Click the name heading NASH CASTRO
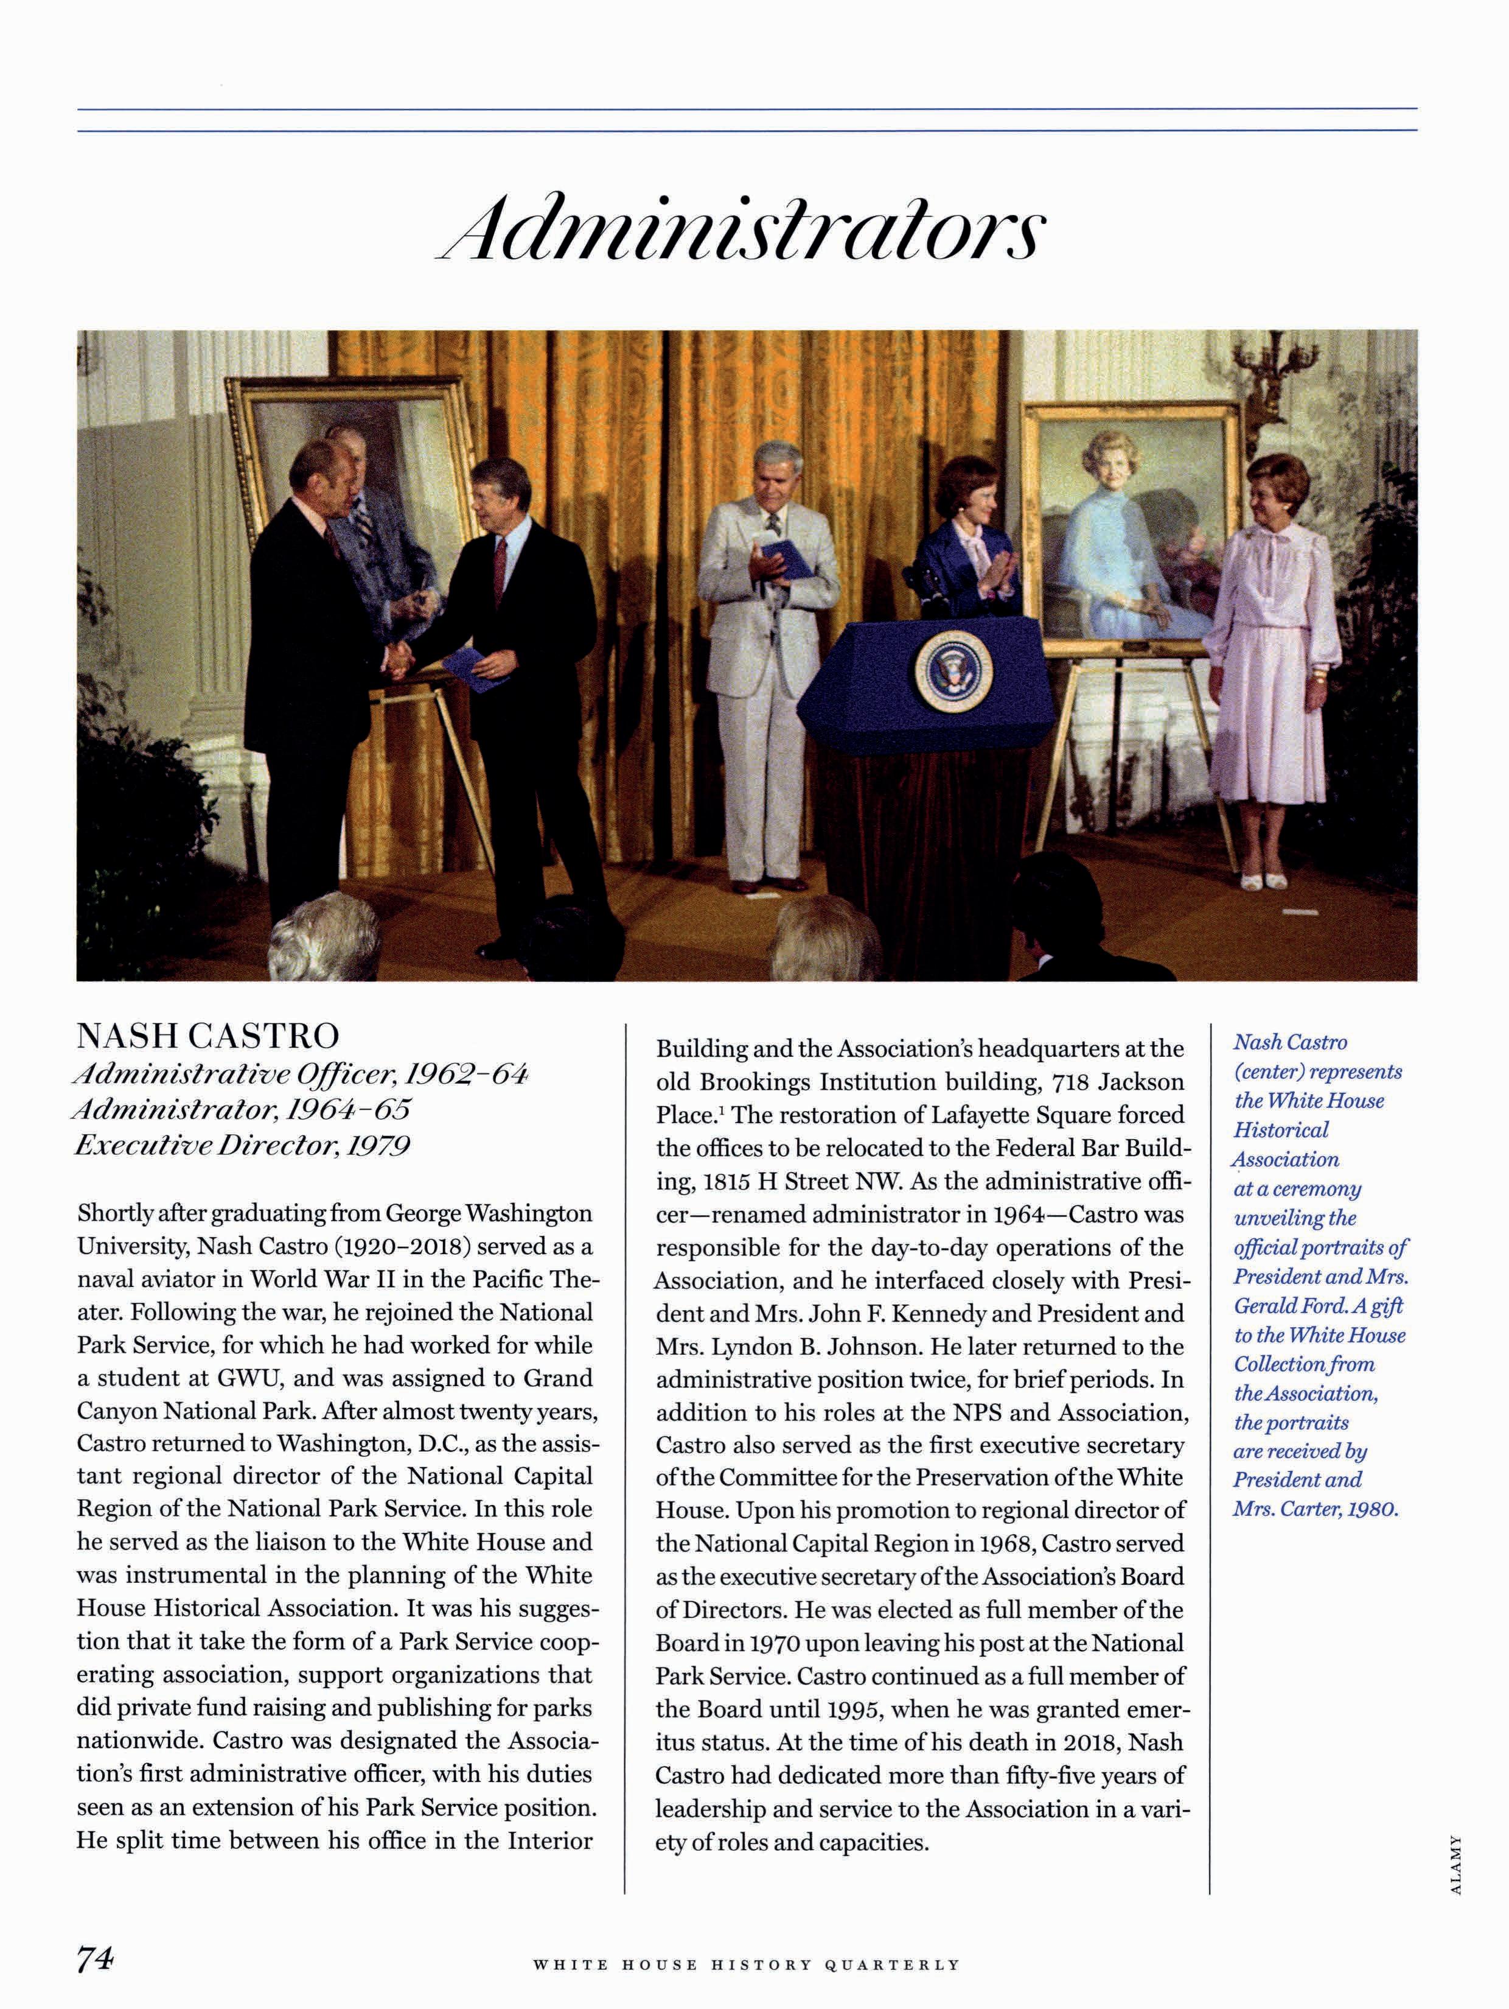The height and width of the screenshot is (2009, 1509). [x=208, y=1036]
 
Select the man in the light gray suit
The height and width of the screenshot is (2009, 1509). [x=768, y=654]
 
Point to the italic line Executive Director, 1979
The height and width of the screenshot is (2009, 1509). [x=242, y=1145]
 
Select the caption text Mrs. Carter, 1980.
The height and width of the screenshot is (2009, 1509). [x=1316, y=1509]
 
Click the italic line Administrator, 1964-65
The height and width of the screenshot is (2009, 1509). [x=242, y=1109]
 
